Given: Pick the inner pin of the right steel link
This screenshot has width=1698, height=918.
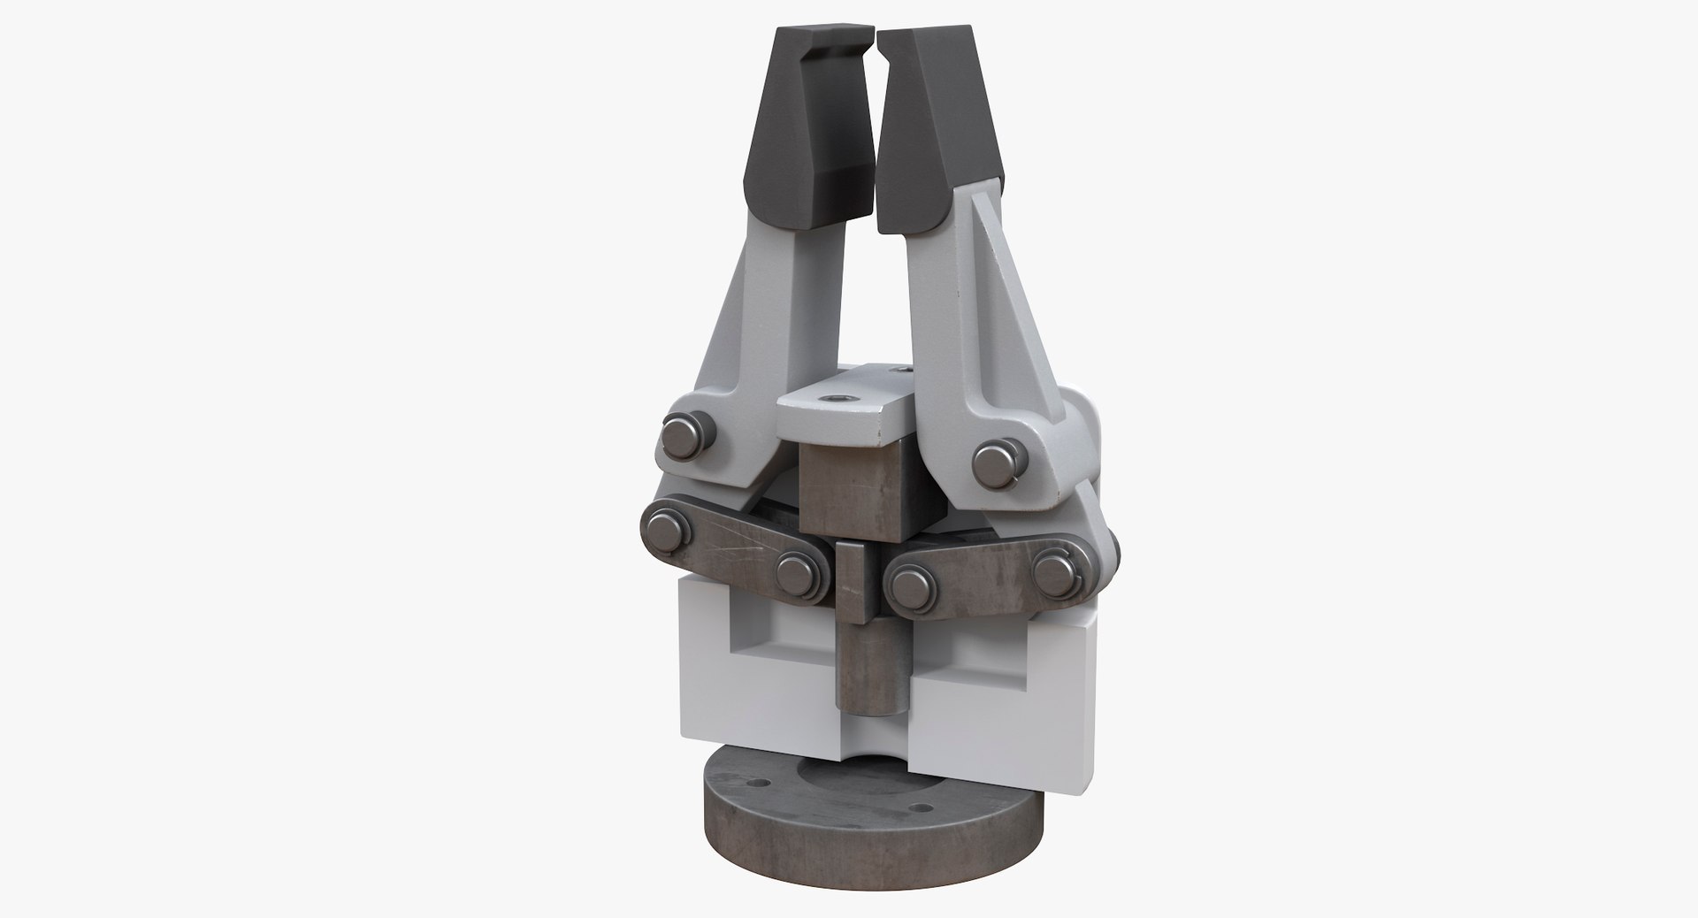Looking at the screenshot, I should pos(910,584).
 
